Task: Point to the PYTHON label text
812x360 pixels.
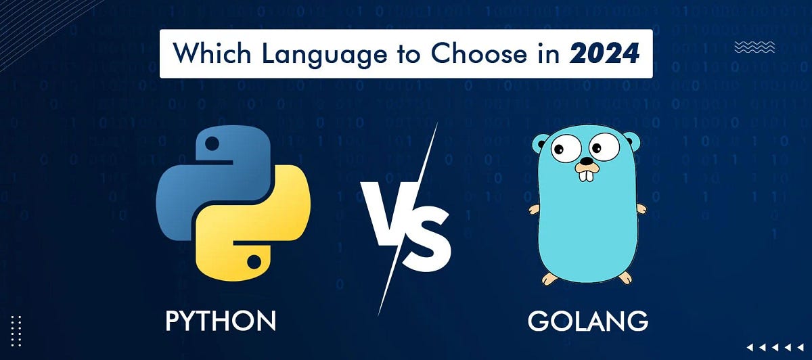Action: pyautogui.click(x=221, y=320)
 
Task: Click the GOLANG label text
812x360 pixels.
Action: pyautogui.click(x=587, y=320)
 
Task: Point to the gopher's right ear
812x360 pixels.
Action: pyautogui.click(x=631, y=143)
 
